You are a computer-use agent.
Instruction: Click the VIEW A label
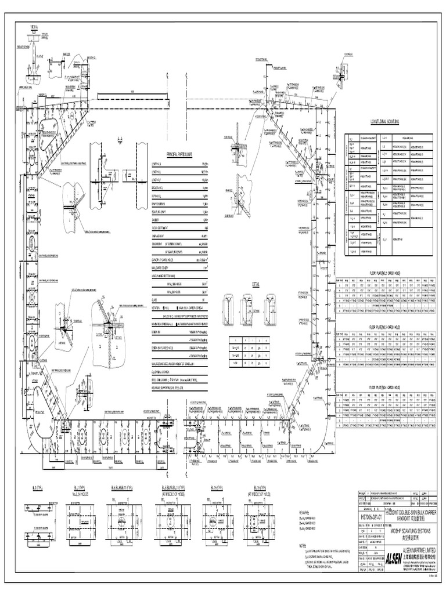coord(34,27)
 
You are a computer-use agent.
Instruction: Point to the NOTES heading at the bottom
coord(302,546)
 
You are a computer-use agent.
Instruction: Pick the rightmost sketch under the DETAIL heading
coord(271,305)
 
